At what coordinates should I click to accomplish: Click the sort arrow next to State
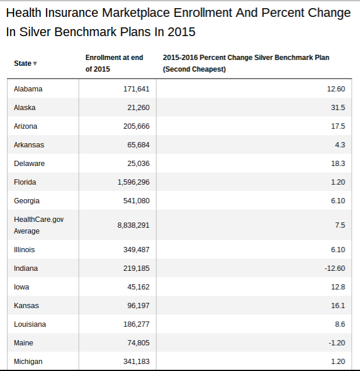click(x=35, y=63)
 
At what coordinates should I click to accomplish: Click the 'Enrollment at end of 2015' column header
click(x=114, y=63)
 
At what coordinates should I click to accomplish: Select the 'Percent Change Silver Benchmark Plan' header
click(x=246, y=63)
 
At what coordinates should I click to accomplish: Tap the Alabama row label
click(x=28, y=89)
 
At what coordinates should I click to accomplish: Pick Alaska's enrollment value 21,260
click(x=139, y=108)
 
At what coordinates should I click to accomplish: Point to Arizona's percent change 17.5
click(x=338, y=126)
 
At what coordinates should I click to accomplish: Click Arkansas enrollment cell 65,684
click(x=139, y=145)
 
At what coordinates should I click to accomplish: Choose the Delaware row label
click(x=29, y=164)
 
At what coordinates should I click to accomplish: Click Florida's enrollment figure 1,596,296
click(x=133, y=182)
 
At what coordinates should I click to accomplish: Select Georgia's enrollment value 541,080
click(x=136, y=201)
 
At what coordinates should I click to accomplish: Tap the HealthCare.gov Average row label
click(x=39, y=225)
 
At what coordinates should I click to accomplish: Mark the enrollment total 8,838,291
click(x=133, y=225)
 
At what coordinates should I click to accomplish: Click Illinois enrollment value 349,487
click(x=136, y=250)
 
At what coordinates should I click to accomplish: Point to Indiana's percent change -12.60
click(x=335, y=268)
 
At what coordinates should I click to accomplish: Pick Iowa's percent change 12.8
click(x=338, y=287)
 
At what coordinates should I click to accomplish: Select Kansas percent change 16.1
click(x=338, y=306)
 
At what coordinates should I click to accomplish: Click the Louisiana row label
click(x=30, y=324)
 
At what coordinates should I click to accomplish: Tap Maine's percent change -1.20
click(x=337, y=343)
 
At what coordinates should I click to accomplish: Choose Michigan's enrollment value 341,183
click(x=136, y=362)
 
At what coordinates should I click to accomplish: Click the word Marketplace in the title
click(x=136, y=13)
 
